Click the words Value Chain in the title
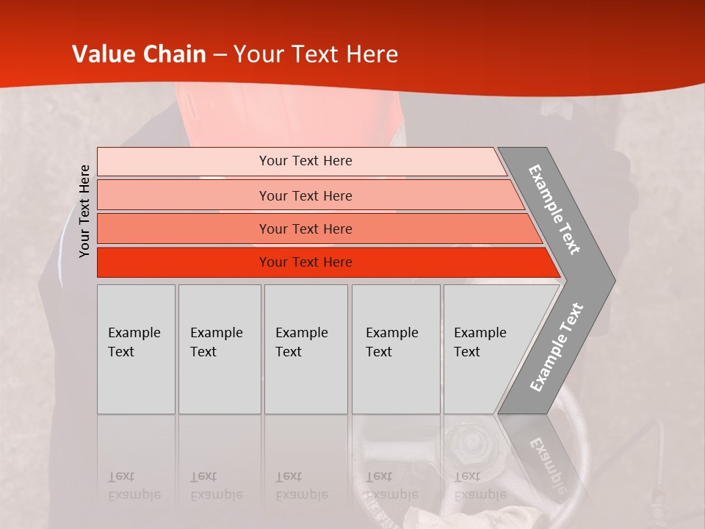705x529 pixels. [x=139, y=54]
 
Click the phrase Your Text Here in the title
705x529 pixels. [x=316, y=54]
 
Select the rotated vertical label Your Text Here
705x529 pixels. [x=84, y=211]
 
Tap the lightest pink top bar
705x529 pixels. [x=305, y=161]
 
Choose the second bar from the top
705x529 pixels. [x=305, y=195]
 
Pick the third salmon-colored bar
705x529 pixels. [x=305, y=228]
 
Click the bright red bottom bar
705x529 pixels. [x=305, y=262]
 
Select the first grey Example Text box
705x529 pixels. [x=136, y=349]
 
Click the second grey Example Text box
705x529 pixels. [x=219, y=349]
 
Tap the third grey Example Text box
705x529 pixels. [x=305, y=349]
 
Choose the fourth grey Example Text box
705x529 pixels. [x=395, y=349]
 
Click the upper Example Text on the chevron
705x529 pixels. [x=554, y=209]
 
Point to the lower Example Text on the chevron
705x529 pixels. [x=557, y=347]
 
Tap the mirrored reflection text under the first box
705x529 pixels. [x=134, y=486]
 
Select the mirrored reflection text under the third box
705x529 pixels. [x=301, y=486]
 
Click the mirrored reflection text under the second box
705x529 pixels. [x=216, y=486]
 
